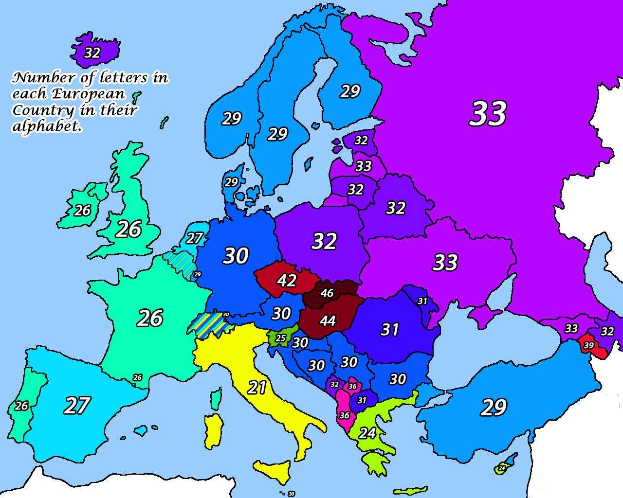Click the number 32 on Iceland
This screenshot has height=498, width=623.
tap(92, 53)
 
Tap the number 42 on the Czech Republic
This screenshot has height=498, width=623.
tap(286, 281)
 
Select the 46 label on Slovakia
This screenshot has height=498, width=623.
tap(327, 293)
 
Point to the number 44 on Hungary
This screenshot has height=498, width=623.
tap(328, 320)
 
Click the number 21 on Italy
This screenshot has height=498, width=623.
tap(257, 388)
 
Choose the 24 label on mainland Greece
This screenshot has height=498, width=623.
tap(367, 433)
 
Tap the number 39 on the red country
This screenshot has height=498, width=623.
tap(588, 345)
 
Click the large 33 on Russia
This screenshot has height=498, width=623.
tap(488, 114)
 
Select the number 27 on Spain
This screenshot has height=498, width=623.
tap(77, 406)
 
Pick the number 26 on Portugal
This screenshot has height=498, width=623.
tap(21, 406)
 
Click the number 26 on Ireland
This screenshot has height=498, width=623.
tap(82, 211)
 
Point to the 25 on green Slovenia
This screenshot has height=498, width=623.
tap(281, 338)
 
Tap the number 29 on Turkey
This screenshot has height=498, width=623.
tap(494, 408)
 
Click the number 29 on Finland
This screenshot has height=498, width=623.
tap(349, 91)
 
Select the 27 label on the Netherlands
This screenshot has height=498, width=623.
tap(194, 238)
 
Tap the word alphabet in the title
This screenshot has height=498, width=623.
tap(46, 126)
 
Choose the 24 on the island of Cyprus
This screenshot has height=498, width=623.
tap(502, 468)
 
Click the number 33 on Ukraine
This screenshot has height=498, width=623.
tap(445, 263)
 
